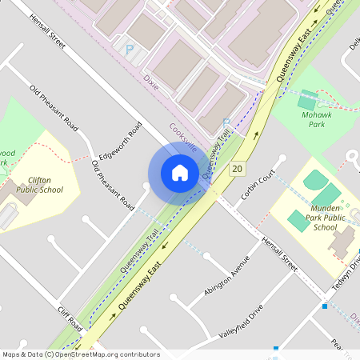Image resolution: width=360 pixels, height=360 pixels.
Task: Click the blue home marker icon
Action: pos(179,172)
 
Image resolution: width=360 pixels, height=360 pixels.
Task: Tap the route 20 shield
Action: pos(237,169)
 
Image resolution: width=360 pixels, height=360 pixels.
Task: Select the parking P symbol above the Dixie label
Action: pos(129,50)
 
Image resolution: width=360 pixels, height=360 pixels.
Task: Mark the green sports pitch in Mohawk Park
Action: pos(306,102)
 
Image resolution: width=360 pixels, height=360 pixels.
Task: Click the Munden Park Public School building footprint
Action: pos(344,241)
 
